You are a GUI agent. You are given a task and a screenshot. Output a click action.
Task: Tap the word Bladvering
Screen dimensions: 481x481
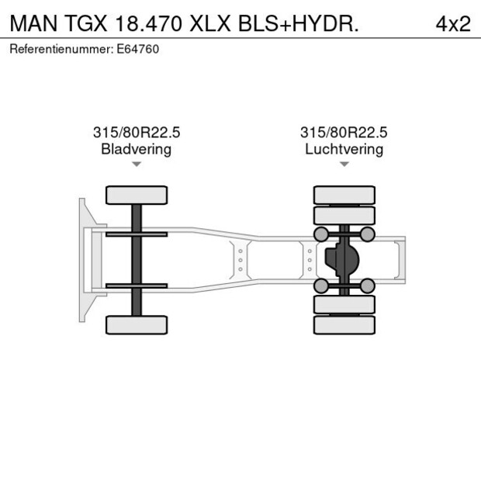pyautogui.click(x=136, y=149)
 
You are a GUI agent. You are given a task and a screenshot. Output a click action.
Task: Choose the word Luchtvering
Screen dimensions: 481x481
pyautogui.click(x=344, y=149)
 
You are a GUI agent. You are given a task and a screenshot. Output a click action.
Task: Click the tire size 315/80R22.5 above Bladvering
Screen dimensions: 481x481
pyautogui.click(x=136, y=133)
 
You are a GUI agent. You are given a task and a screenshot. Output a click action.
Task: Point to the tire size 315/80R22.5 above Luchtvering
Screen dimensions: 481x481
pyautogui.click(x=344, y=133)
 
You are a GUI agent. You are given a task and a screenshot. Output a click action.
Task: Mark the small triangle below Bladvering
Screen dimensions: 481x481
pyautogui.click(x=137, y=164)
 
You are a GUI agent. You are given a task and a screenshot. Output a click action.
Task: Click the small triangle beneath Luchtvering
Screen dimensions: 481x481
pyautogui.click(x=344, y=164)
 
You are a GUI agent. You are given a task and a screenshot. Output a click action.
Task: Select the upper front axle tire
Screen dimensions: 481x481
pyautogui.click(x=137, y=195)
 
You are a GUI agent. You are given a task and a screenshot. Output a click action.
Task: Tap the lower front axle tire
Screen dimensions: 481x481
pyautogui.click(x=137, y=324)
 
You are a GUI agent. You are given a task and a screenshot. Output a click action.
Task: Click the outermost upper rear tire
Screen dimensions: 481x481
pyautogui.click(x=344, y=194)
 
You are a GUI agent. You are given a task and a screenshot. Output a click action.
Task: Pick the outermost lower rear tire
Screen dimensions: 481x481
pyautogui.click(x=344, y=325)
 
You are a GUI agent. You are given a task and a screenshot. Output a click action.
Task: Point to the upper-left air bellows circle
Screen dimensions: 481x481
pyautogui.click(x=320, y=234)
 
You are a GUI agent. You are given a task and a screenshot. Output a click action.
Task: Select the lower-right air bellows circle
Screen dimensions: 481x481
pyautogui.click(x=368, y=286)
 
